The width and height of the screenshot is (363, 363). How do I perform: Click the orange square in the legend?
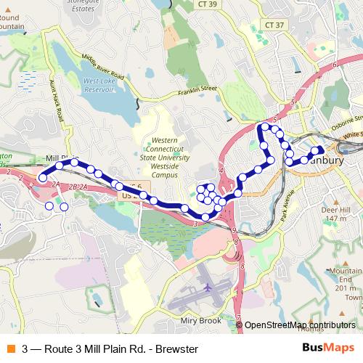10,349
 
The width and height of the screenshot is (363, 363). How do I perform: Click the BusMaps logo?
325,349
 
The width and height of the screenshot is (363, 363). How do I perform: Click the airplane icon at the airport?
208,287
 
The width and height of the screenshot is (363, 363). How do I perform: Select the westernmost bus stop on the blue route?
43,178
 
